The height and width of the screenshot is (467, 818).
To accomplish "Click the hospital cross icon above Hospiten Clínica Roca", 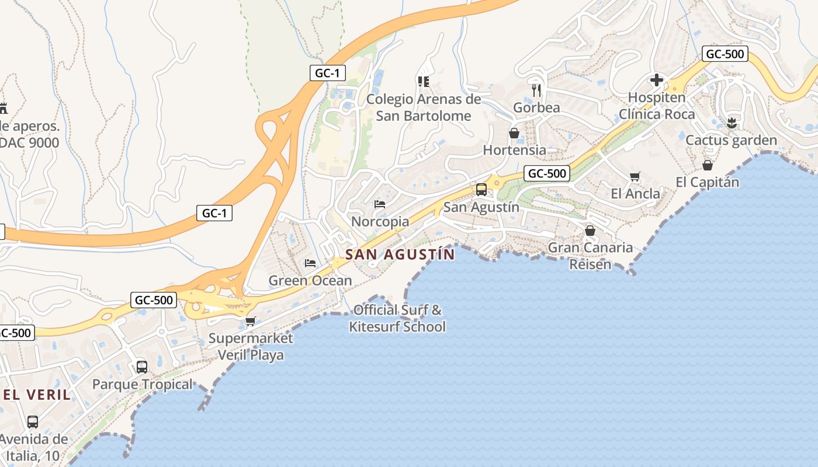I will click(657, 80).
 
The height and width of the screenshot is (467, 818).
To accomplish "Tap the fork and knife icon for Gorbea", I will click(537, 90).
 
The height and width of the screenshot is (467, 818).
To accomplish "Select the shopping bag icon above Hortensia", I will click(514, 133).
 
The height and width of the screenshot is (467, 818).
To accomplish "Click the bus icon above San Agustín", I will click(481, 189).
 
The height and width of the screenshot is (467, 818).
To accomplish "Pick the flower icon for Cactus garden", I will click(731, 123).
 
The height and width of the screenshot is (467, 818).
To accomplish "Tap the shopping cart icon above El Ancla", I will click(635, 176).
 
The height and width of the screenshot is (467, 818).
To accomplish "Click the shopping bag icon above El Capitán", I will click(707, 165).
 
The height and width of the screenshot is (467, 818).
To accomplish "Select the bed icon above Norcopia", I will click(380, 204).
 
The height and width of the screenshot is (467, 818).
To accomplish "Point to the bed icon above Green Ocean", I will click(310, 263).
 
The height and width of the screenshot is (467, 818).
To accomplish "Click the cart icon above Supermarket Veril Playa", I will click(251, 321).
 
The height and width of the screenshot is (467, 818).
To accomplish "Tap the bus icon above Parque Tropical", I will click(142, 367).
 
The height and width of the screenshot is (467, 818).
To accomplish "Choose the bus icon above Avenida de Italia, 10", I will click(33, 421).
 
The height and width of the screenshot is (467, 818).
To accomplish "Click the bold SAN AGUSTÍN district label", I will click(400, 255).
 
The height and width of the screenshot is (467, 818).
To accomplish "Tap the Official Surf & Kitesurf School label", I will click(397, 318).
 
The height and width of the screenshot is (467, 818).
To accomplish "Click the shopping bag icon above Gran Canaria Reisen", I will click(590, 231).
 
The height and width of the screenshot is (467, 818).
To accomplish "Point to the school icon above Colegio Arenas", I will click(423, 82).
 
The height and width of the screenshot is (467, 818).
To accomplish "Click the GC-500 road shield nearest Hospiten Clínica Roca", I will click(725, 54).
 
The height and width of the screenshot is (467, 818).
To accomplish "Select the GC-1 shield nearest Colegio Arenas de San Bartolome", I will click(328, 73).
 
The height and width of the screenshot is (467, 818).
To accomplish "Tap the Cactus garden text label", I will click(731, 140).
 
